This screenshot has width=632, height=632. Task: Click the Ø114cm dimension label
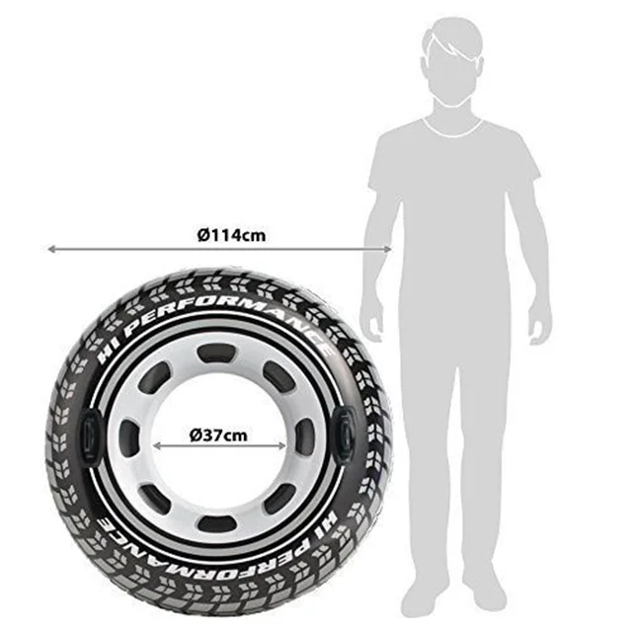point(231,235)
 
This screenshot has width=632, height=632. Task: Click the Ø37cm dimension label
point(218,434)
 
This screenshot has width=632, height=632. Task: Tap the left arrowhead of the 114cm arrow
point(51,250)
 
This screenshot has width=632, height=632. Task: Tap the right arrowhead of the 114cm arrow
point(387,250)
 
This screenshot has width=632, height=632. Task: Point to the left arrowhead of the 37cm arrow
point(157,445)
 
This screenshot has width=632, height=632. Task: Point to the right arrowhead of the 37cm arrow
point(281,445)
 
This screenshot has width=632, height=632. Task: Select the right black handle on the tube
point(344,434)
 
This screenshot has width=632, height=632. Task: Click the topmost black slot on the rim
point(217,354)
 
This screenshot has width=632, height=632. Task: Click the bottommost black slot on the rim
point(217,523)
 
